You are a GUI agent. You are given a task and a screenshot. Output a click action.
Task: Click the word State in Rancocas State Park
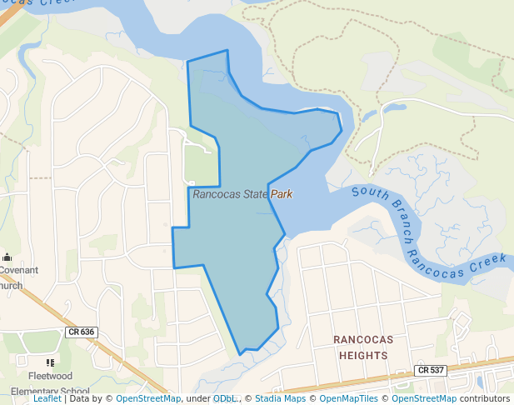(252, 194)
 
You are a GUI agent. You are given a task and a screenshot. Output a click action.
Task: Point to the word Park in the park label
(282, 194)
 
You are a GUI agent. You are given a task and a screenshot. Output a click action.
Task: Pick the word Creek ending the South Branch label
(488, 263)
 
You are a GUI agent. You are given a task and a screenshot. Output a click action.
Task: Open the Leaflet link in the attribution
(47, 398)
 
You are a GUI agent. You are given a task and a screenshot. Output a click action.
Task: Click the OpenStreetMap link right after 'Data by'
(147, 398)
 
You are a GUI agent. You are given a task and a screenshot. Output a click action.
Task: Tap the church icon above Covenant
(7, 257)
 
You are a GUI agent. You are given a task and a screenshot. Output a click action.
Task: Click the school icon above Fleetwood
(50, 362)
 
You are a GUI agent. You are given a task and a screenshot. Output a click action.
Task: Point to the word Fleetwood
(50, 377)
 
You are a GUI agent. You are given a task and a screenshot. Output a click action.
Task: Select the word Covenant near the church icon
(18, 270)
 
